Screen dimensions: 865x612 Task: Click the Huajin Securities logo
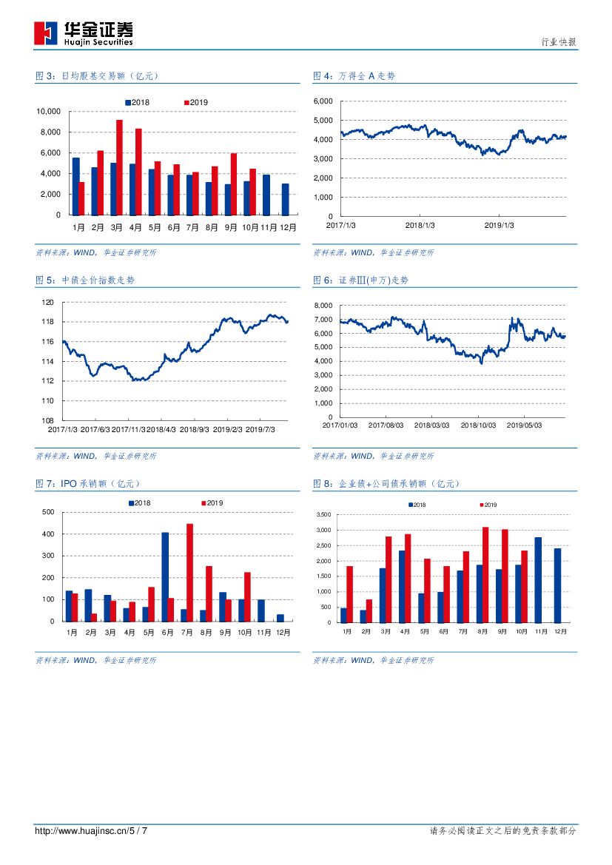[x=83, y=33]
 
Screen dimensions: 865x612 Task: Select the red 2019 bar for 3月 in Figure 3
[x=119, y=167]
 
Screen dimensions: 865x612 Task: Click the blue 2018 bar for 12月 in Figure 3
[x=285, y=199]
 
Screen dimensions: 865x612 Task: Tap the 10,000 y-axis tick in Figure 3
[x=49, y=112]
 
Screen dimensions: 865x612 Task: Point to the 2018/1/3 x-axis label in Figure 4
[x=420, y=225]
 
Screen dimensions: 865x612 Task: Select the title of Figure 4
[x=354, y=75]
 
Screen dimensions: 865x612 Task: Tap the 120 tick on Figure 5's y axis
[x=48, y=302]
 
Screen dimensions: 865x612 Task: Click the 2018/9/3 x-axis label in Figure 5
[x=195, y=429]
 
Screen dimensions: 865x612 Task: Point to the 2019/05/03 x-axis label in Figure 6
[x=525, y=425]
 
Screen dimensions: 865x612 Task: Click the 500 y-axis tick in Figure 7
[x=48, y=512]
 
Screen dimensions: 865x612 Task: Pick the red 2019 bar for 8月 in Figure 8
[x=485, y=575]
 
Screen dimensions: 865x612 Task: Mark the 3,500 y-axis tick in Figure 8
[x=323, y=515]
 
